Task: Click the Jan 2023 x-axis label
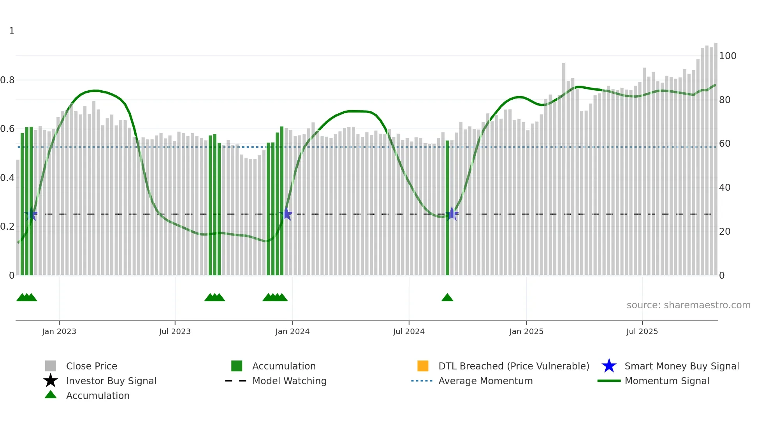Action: click(x=59, y=331)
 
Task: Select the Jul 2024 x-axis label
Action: click(x=409, y=331)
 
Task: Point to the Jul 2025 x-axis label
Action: click(x=642, y=331)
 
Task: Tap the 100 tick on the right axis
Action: click(x=728, y=56)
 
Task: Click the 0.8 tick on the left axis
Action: click(x=8, y=80)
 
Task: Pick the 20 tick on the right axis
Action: click(x=725, y=232)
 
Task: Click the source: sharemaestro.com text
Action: click(x=688, y=305)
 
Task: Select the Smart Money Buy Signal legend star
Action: click(x=609, y=366)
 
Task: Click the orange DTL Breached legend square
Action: click(x=423, y=366)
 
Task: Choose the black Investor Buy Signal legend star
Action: click(x=51, y=381)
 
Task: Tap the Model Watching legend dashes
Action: click(x=236, y=381)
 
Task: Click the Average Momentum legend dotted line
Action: click(x=422, y=381)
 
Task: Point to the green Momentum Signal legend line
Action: click(x=609, y=381)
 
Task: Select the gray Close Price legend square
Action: click(x=51, y=366)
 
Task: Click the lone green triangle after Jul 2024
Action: click(x=447, y=298)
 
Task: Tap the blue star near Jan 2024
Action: click(x=287, y=214)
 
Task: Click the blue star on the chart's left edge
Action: click(x=31, y=214)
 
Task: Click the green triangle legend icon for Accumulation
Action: click(x=51, y=395)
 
